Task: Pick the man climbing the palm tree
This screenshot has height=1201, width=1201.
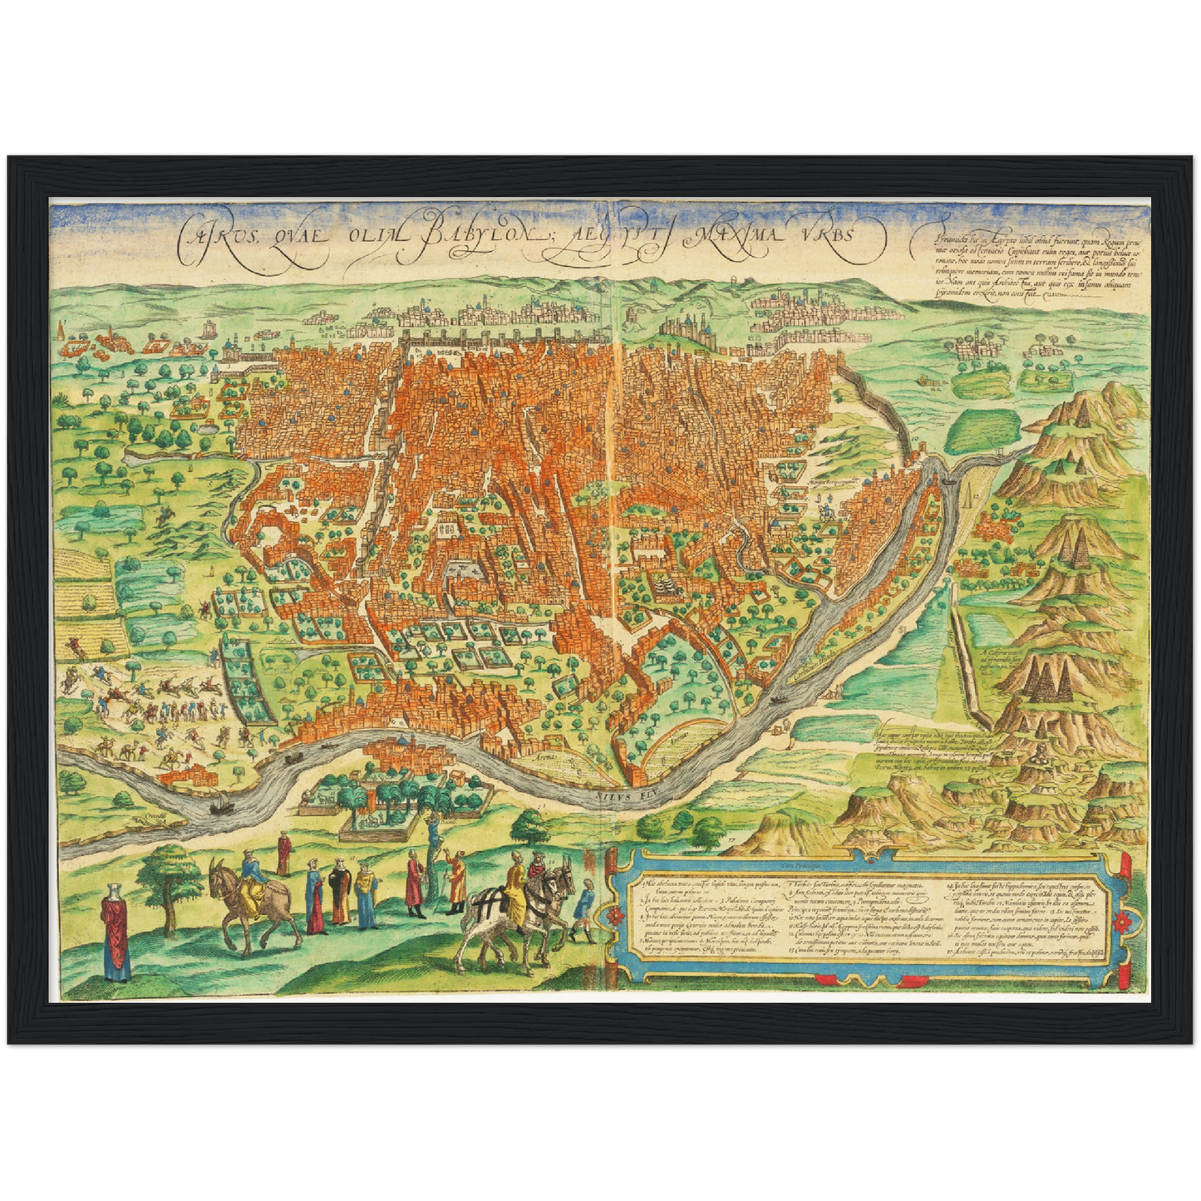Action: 433,831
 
